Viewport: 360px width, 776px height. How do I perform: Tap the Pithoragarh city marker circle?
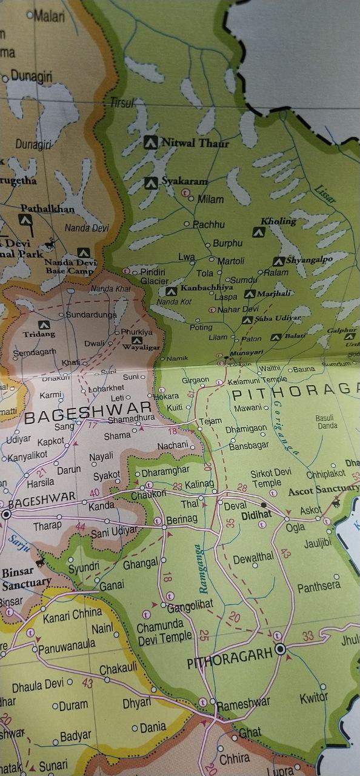pos(280,649)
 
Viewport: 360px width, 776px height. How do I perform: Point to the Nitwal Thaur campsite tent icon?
pos(151,143)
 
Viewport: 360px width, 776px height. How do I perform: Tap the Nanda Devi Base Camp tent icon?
pos(84,252)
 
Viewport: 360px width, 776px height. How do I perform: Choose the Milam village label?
pos(210,199)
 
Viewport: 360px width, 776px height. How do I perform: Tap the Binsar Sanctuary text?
pos(25,577)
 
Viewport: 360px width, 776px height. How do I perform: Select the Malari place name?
pos(49,16)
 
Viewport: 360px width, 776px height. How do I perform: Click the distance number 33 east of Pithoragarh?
pos(308,635)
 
